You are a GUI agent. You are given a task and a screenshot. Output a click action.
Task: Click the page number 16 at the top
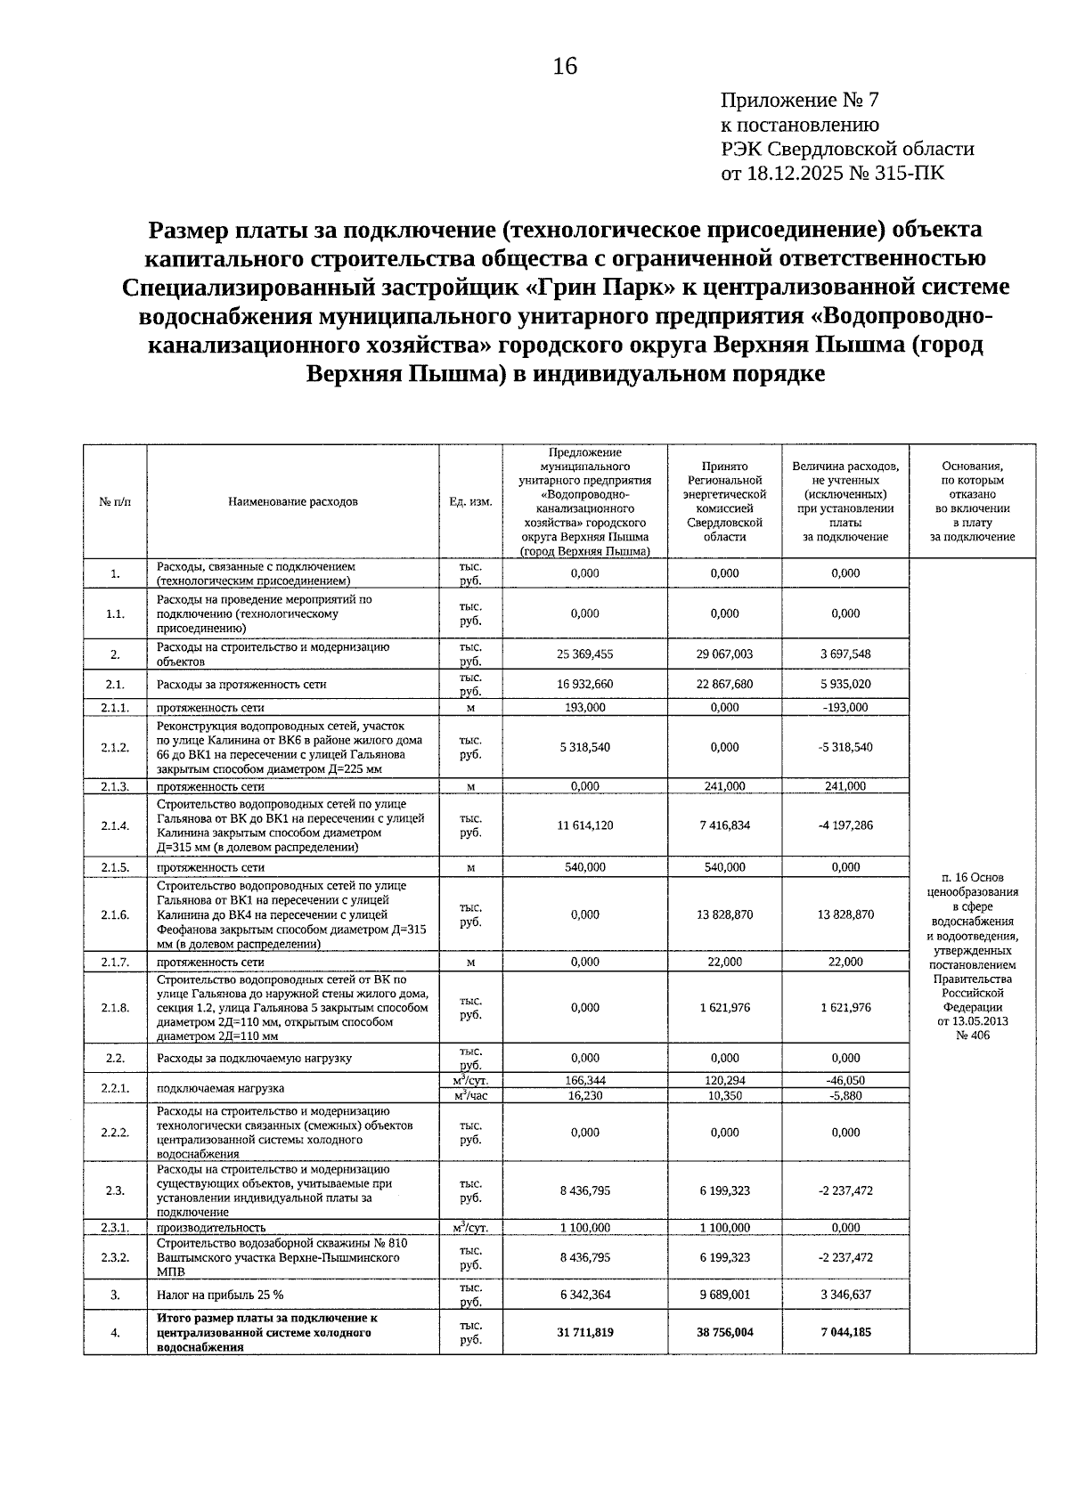pos(565,67)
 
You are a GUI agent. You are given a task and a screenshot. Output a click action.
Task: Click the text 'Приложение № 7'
pos(799,101)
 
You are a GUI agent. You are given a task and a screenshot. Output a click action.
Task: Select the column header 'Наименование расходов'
pos(293,501)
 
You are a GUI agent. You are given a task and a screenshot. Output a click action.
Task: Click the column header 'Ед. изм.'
pos(470,501)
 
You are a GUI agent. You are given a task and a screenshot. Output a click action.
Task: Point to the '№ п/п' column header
pos(115,501)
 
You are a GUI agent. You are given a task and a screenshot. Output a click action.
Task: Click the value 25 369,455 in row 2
pos(584,654)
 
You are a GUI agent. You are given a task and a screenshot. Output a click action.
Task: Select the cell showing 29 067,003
pos(724,654)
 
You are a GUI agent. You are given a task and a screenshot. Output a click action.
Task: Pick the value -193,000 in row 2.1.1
pos(845,707)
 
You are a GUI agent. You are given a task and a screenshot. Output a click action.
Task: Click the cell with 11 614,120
pos(584,825)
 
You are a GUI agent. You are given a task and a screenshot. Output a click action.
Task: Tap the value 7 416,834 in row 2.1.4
pos(724,825)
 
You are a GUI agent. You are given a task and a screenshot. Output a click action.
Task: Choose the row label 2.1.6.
pos(115,914)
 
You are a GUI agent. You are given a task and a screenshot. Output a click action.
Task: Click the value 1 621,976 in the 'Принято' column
pos(724,1007)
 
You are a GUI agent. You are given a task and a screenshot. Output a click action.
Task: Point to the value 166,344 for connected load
pos(584,1080)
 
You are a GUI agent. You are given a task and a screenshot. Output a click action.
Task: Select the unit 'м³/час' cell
pos(470,1096)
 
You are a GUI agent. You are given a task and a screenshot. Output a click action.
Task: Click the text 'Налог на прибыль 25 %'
pos(220,1295)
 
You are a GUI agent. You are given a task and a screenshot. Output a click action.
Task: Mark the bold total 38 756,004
pos(724,1332)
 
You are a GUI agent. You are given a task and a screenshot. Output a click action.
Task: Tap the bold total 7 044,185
pos(845,1332)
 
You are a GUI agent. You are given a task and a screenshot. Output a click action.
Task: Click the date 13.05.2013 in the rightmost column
pos(973,1021)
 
